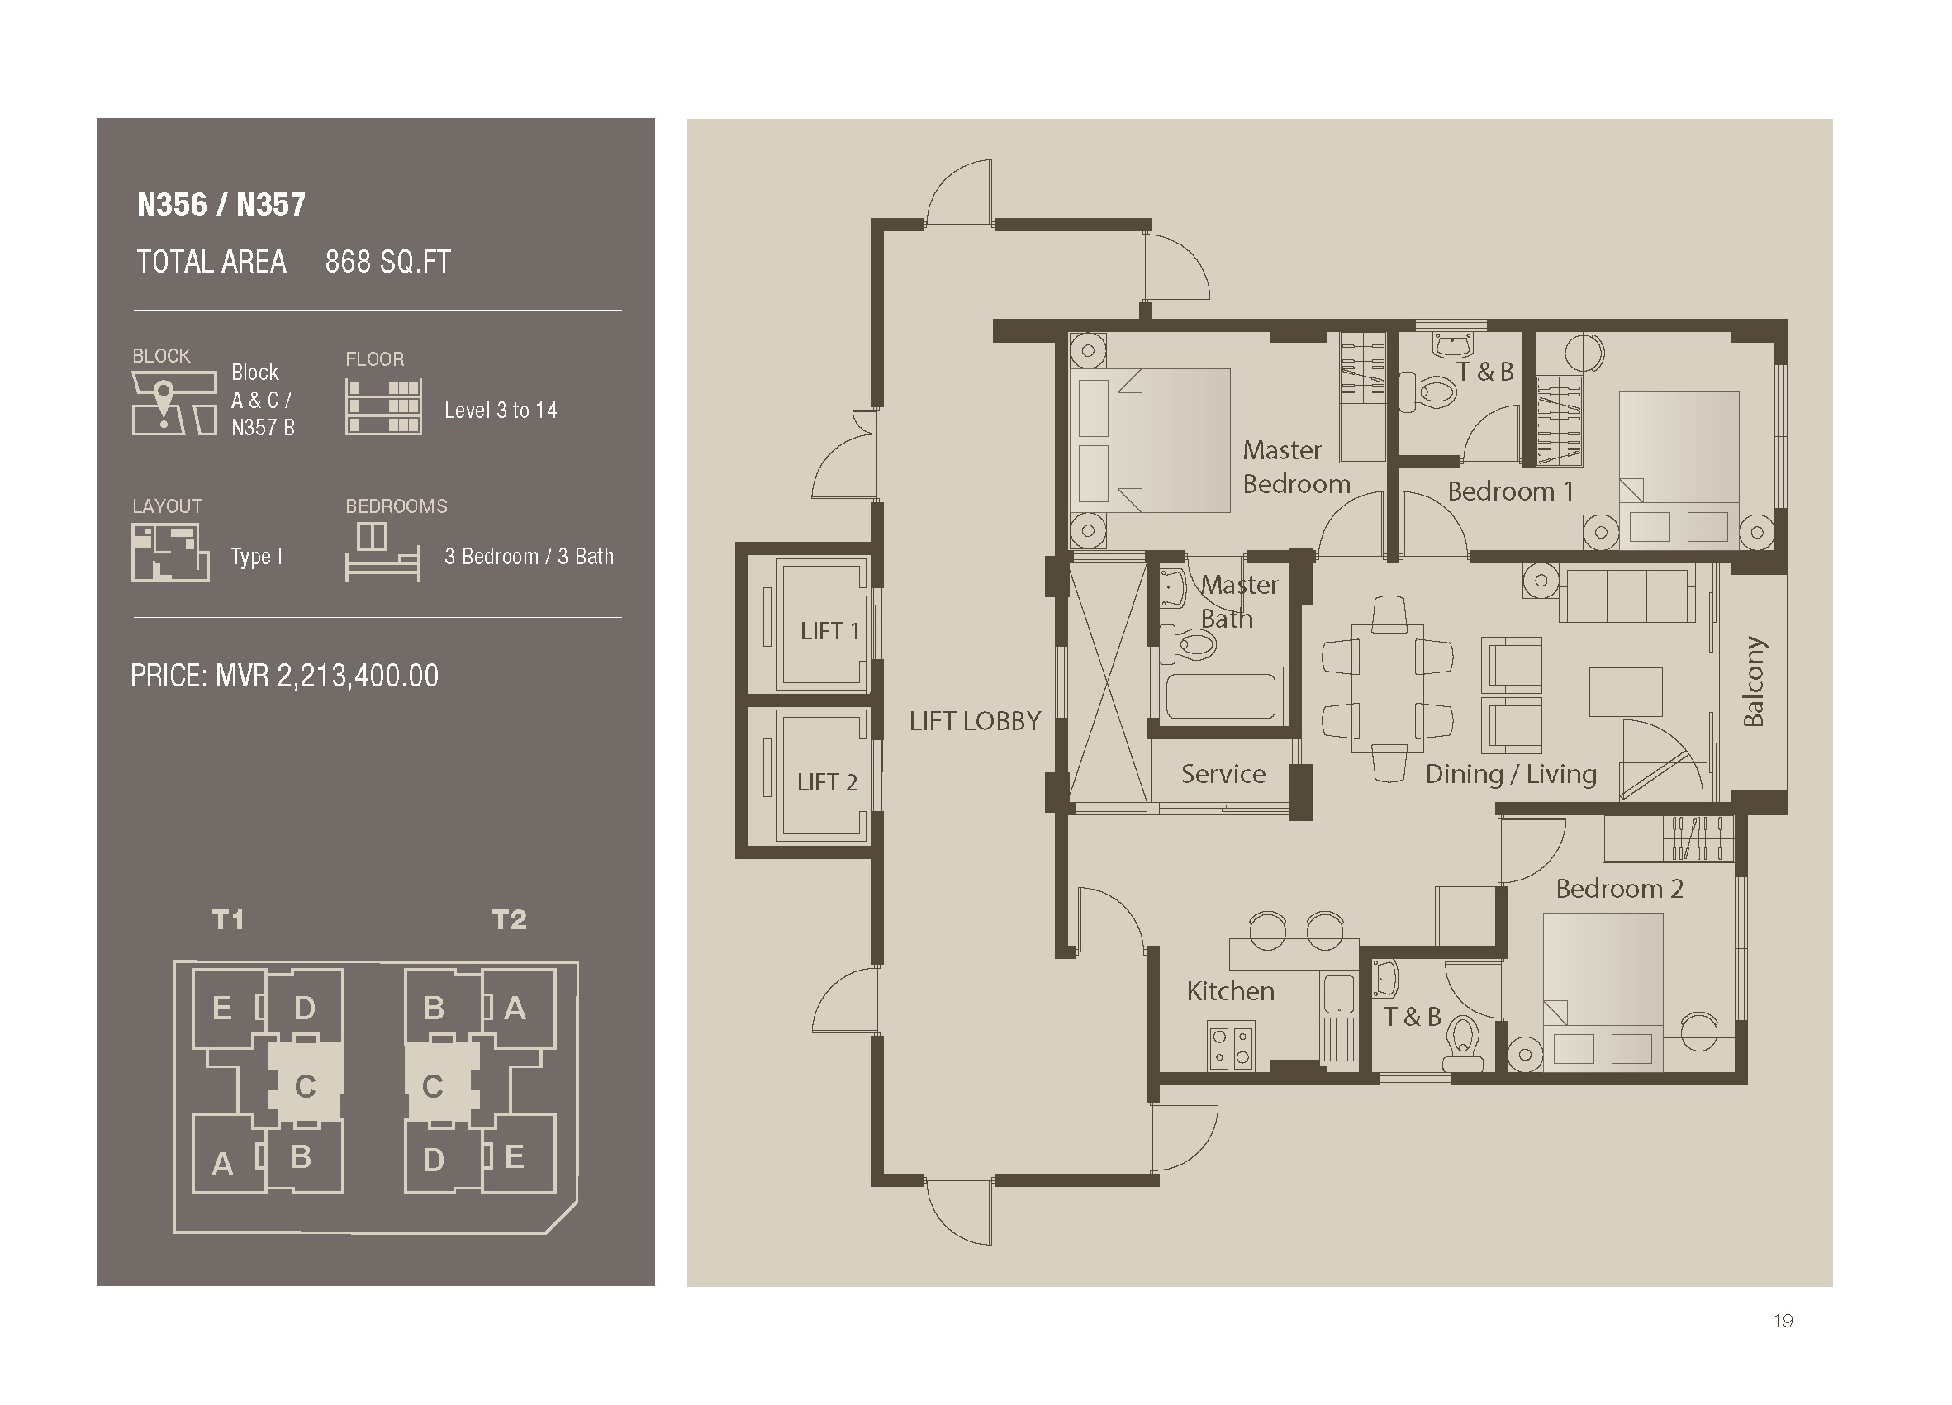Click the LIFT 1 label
pyautogui.click(x=829, y=631)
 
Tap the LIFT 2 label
pyautogui.click(x=827, y=782)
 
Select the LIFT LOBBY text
pyautogui.click(x=975, y=721)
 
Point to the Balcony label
pyautogui.click(x=1753, y=681)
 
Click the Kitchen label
pyautogui.click(x=1230, y=991)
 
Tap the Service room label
pyautogui.click(x=1223, y=773)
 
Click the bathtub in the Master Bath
pyautogui.click(x=1219, y=695)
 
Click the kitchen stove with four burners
pyautogui.click(x=1231, y=1047)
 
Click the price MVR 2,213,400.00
pyautogui.click(x=284, y=676)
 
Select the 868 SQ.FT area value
pyautogui.click(x=387, y=262)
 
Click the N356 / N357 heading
pyautogui.click(x=221, y=204)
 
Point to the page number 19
pyautogui.click(x=1783, y=1321)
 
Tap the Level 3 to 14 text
pyautogui.click(x=501, y=411)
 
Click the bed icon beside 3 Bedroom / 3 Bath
pyautogui.click(x=383, y=553)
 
